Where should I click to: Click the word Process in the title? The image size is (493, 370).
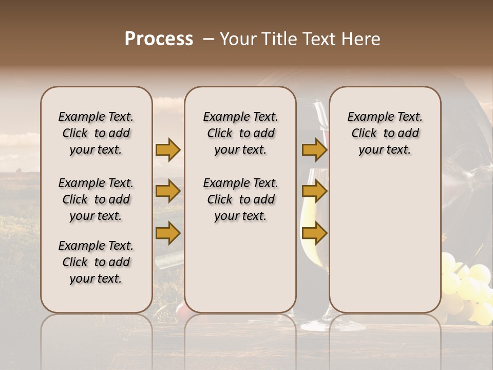tap(159, 39)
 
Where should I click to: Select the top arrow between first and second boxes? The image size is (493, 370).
tap(167, 150)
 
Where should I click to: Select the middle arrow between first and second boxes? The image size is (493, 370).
tap(167, 192)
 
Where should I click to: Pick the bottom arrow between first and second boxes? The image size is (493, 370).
tap(167, 233)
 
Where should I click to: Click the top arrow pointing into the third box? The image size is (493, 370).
tap(314, 150)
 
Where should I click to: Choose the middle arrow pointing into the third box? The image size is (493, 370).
tap(314, 192)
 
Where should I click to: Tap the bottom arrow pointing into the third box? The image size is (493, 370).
tap(314, 233)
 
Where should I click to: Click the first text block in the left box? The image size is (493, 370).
tap(96, 133)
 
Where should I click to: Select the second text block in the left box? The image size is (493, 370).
tap(96, 199)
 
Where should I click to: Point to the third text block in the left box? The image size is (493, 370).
tap(96, 262)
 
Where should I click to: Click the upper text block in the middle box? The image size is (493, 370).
tap(240, 133)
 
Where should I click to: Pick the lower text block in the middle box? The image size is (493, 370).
tap(240, 199)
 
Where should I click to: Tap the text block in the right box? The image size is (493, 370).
tap(385, 133)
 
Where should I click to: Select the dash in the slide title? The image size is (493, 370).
tap(208, 40)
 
